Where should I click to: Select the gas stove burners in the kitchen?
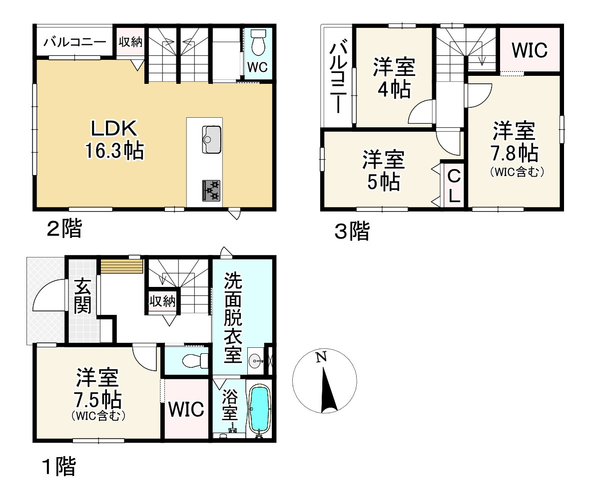[x=212, y=190]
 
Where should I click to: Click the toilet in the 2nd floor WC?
[x=258, y=43]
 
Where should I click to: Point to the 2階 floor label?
[x=64, y=230]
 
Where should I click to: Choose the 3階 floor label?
[x=352, y=232]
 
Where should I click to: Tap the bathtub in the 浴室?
[x=259, y=409]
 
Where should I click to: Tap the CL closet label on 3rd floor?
[x=454, y=186]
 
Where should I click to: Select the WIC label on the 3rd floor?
[x=530, y=50]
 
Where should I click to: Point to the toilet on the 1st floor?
[x=195, y=360]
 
